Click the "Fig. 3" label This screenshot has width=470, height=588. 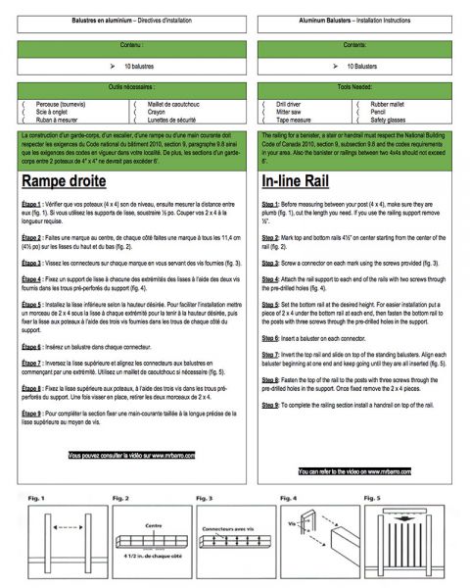(205, 498)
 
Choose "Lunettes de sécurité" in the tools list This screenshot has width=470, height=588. (180, 120)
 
